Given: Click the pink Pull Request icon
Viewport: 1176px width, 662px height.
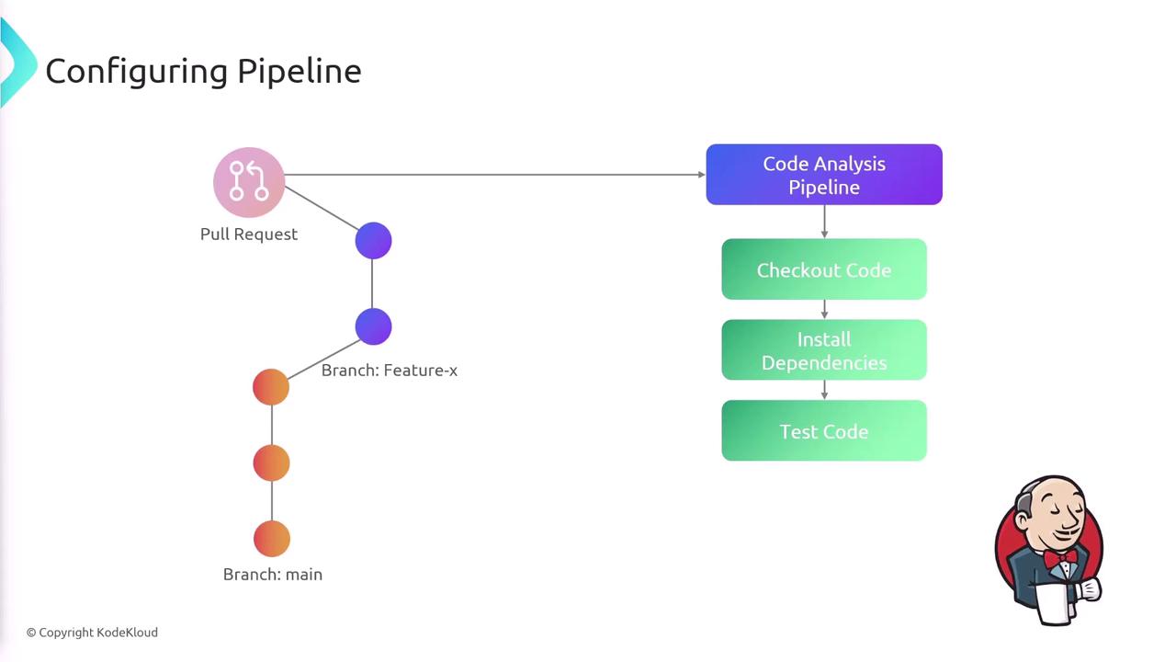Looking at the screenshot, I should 249,182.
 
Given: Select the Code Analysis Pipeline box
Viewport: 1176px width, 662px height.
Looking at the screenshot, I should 824,175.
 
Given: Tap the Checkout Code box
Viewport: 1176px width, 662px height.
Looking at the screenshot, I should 824,269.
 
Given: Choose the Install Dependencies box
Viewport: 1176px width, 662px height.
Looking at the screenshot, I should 824,350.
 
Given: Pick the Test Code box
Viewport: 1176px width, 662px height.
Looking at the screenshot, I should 824,431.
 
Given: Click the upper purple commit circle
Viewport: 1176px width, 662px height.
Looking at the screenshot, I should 373,241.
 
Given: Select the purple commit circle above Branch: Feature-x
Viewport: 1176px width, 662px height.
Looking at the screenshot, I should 373,327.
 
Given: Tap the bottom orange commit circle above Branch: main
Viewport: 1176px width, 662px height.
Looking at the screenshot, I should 271,539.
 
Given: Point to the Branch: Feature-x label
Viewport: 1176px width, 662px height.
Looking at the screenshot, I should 390,371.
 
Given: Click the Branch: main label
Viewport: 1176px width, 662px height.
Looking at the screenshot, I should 273,575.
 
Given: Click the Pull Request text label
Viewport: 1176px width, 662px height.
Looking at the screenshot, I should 249,234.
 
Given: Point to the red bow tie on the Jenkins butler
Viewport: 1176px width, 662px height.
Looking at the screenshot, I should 1059,557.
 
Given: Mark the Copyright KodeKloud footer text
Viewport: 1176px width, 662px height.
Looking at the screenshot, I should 92,633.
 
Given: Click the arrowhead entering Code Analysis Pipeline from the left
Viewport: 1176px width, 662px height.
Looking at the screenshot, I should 701,175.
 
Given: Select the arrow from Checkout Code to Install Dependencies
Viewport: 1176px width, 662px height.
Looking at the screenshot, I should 824,310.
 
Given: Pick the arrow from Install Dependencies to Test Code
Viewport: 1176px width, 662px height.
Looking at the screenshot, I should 824,391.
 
